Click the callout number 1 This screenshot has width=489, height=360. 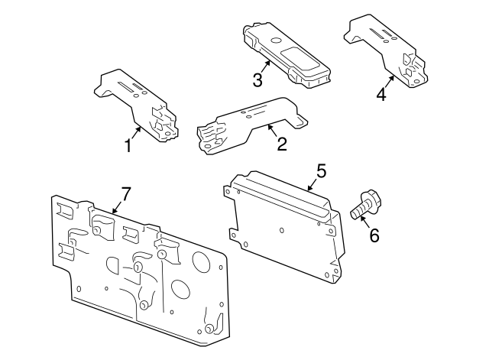(128, 144)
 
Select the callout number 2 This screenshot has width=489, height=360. (282, 143)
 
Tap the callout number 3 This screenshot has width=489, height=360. (258, 79)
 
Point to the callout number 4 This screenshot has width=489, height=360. (381, 94)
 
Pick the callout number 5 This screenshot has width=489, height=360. (321, 170)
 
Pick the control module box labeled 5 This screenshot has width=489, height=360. (287, 229)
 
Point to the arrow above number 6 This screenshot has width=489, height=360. (365, 222)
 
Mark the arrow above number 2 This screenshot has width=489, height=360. (274, 130)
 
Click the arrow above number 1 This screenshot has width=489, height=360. (134, 131)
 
